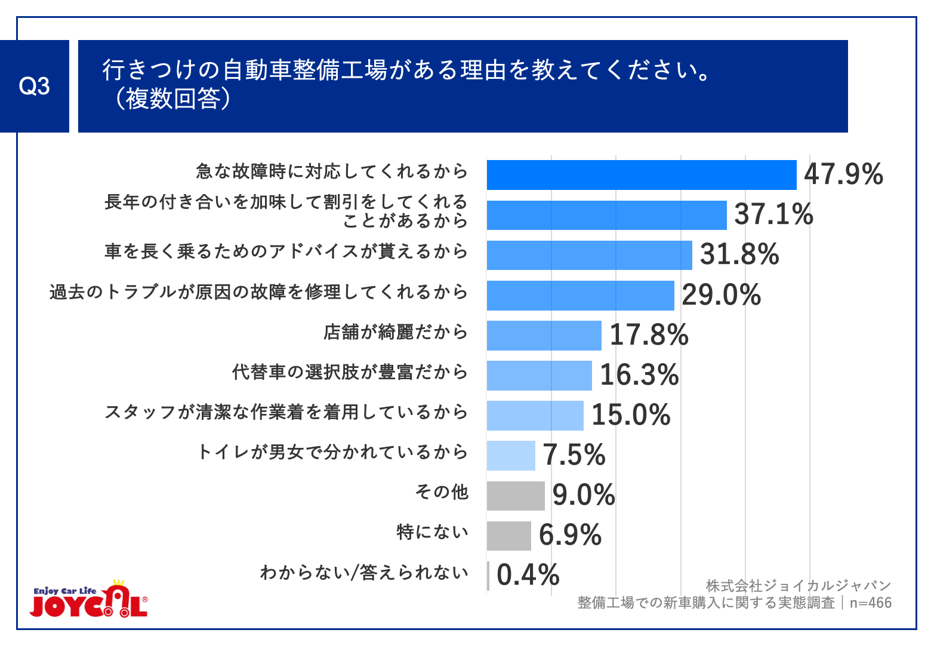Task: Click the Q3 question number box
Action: [34, 87]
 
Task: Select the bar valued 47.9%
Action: [641, 175]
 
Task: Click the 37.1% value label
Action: [773, 214]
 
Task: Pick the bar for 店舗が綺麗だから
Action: [544, 336]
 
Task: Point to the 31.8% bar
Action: [589, 255]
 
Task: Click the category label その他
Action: [442, 492]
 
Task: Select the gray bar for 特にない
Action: [508, 536]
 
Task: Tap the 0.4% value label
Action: [528, 575]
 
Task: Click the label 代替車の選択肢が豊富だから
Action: [350, 372]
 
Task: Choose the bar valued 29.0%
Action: [580, 296]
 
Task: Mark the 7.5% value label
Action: [574, 455]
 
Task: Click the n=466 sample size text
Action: [871, 603]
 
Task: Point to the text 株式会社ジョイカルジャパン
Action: [799, 586]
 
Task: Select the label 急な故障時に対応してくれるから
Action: [332, 172]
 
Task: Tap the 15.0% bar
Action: [535, 416]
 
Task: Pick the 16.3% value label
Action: [639, 375]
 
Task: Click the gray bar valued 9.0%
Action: [516, 496]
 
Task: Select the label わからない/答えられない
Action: [364, 573]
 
